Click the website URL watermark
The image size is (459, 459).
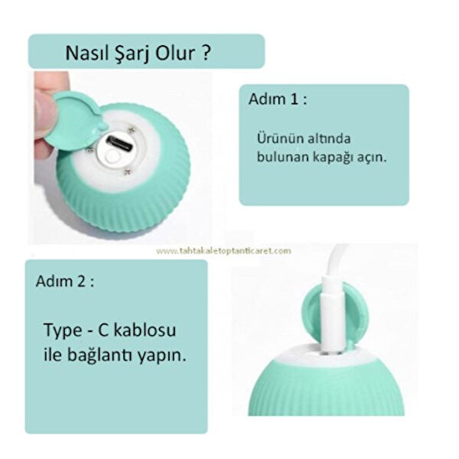[223, 250]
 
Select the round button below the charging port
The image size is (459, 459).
[114, 155]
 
